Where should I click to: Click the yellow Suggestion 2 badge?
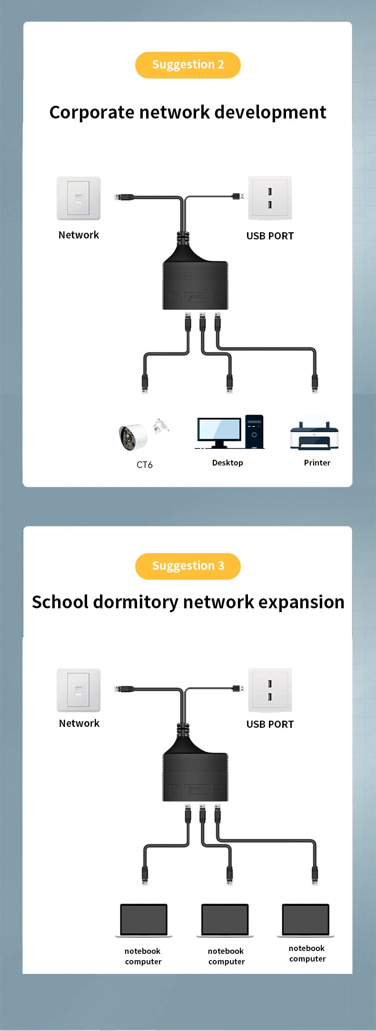[x=188, y=65]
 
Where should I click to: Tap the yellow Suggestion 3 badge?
[x=188, y=566]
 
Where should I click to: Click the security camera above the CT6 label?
[x=133, y=436]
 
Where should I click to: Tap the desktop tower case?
[x=255, y=431]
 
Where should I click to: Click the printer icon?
[x=314, y=435]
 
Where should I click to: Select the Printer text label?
[x=317, y=463]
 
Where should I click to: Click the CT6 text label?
[x=145, y=465]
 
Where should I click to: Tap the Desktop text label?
[x=228, y=463]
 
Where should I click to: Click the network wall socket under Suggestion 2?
[x=79, y=198]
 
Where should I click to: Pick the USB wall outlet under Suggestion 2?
[x=270, y=198]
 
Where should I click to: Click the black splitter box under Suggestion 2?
[x=195, y=285]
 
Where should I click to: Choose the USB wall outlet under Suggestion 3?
[x=270, y=690]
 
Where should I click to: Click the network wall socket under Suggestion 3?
[x=79, y=690]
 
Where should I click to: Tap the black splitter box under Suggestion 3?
[x=195, y=777]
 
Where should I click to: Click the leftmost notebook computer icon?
[x=143, y=920]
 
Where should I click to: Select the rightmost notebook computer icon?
[x=306, y=920]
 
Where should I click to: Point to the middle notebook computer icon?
[x=225, y=920]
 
